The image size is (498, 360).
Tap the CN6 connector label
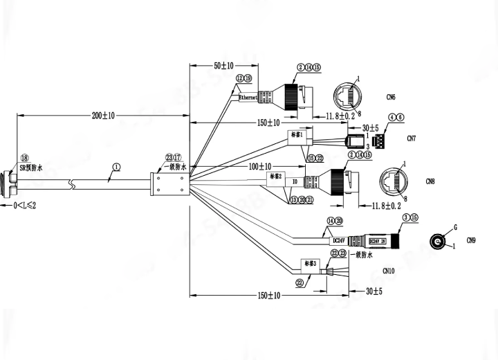tap(391, 97)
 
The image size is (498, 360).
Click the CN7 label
tap(412, 138)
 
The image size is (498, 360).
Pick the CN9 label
tap(471, 241)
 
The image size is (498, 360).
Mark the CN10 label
tap(389, 272)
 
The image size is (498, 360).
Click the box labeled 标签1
tap(297, 136)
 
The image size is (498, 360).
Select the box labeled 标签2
tap(275, 177)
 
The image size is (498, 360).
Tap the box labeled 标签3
tap(308, 264)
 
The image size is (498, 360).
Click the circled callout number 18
tap(25, 159)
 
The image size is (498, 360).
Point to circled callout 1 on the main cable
tap(116, 167)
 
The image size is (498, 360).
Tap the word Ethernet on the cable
tap(248, 98)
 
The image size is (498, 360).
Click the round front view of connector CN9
tap(437, 242)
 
